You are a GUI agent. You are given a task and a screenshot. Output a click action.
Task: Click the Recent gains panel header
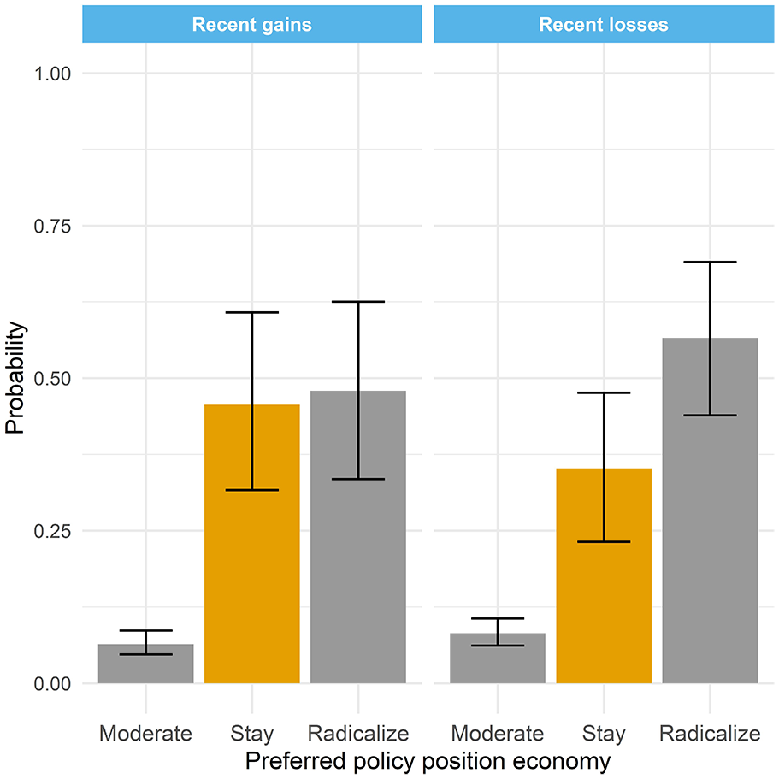(x=252, y=24)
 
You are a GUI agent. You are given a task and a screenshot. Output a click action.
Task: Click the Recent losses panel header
(x=604, y=24)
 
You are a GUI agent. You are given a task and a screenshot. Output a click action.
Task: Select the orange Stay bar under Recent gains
(x=252, y=544)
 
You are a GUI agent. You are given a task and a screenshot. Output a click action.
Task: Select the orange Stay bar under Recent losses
(x=604, y=575)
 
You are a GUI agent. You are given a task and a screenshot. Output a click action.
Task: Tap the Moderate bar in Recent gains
(x=145, y=664)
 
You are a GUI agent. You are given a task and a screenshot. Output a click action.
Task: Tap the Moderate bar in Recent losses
(x=498, y=658)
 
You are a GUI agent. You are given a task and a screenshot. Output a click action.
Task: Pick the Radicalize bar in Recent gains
(x=358, y=537)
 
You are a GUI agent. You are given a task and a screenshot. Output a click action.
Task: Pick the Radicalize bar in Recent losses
(x=710, y=510)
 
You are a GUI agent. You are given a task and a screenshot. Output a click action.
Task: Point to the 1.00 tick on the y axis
(x=52, y=74)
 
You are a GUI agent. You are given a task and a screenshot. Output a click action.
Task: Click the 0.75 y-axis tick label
(x=52, y=227)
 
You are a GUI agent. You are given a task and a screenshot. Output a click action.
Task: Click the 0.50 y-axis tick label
(x=52, y=379)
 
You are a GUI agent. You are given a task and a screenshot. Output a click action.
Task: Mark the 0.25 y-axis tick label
(x=52, y=532)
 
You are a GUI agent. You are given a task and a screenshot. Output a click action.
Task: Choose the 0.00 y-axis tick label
(x=52, y=684)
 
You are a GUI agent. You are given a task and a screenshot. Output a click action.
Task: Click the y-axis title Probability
(x=15, y=378)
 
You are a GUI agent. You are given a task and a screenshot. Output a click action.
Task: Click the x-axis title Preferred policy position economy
(x=428, y=762)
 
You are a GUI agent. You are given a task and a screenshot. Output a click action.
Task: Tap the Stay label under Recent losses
(x=604, y=734)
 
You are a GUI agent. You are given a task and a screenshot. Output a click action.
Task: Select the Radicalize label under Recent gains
(x=358, y=734)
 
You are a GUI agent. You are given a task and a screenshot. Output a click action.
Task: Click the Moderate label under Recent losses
(x=498, y=734)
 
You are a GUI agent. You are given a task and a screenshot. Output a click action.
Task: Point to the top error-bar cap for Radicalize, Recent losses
(x=710, y=262)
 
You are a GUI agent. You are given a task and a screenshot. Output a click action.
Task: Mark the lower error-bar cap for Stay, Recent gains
(x=252, y=490)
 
